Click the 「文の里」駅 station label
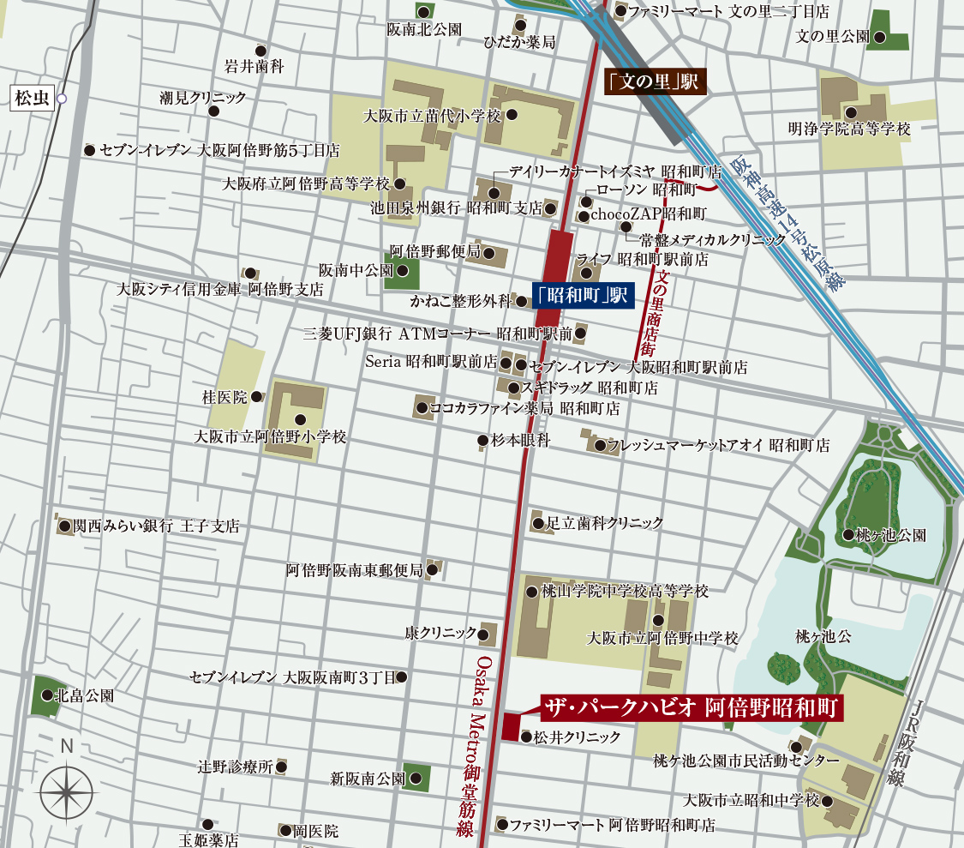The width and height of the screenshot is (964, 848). pos(653,82)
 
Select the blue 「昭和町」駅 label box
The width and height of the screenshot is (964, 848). pos(581,295)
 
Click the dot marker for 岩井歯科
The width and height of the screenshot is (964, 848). pos(260,51)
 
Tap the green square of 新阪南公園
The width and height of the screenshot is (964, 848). pos(416,778)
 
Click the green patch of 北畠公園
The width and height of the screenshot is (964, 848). pos(46,696)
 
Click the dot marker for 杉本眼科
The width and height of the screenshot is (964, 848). pos(482,441)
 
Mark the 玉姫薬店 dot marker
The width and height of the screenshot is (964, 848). pos(207,824)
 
